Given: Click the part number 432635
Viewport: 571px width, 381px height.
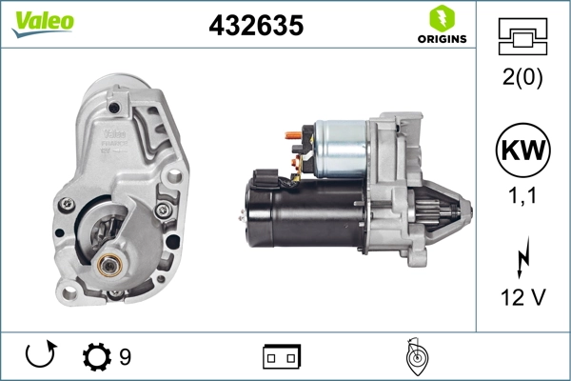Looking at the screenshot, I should [255, 26].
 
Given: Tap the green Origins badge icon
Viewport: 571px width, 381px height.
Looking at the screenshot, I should [441, 18].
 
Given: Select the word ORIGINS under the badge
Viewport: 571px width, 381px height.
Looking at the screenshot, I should [441, 39].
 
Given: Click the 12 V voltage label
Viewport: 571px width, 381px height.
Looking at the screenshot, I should [522, 298].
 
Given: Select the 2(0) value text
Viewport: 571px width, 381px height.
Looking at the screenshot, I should [522, 79].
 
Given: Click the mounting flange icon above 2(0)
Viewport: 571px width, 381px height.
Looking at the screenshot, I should [522, 37].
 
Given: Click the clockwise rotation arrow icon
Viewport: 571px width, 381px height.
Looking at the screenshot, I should [40, 356].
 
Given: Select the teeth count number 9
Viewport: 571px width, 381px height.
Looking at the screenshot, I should [125, 357].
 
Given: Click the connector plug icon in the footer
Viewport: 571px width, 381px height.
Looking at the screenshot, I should [282, 357].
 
